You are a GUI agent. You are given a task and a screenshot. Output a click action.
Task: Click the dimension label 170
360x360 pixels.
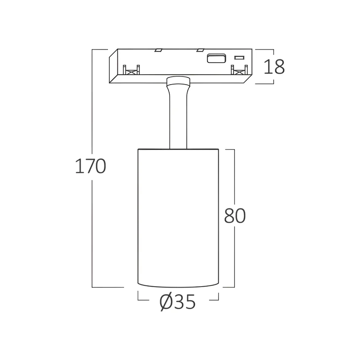pyautogui.click(x=90, y=166)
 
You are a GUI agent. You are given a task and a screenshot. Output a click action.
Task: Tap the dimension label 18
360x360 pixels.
pyautogui.click(x=274, y=67)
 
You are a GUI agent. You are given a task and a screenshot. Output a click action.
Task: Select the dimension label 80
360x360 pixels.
pyautogui.click(x=235, y=216)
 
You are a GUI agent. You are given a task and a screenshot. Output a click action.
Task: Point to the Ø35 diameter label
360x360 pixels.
pyautogui.click(x=177, y=302)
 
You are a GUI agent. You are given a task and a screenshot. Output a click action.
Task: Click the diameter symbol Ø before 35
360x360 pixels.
pyautogui.click(x=166, y=302)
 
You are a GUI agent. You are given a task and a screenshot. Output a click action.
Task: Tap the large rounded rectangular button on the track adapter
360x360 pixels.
pyautogui.click(x=216, y=58)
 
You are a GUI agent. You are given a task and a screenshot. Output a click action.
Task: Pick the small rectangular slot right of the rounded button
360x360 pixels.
pyautogui.click(x=239, y=58)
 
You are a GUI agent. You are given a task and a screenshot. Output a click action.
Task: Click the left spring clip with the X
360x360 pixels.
pyautogui.click(x=131, y=70)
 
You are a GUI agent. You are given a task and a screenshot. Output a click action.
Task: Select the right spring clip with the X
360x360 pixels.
pyautogui.click(x=239, y=70)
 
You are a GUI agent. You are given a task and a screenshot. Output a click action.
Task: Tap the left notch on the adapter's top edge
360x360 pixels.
pyautogui.click(x=158, y=50)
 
